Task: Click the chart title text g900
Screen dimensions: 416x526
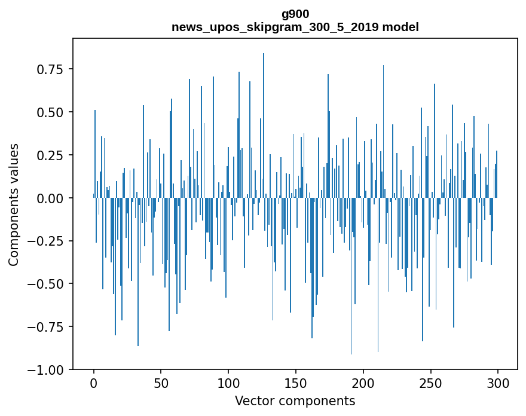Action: pos(295,14)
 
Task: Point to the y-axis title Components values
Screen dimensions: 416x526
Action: pos(14,204)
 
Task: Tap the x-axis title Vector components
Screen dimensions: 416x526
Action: pos(295,401)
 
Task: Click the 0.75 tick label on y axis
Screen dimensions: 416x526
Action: pos(50,69)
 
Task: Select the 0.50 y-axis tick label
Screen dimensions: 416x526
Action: pos(50,112)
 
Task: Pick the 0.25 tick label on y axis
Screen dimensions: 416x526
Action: pos(50,155)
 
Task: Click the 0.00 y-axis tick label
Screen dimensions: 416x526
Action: pos(50,198)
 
